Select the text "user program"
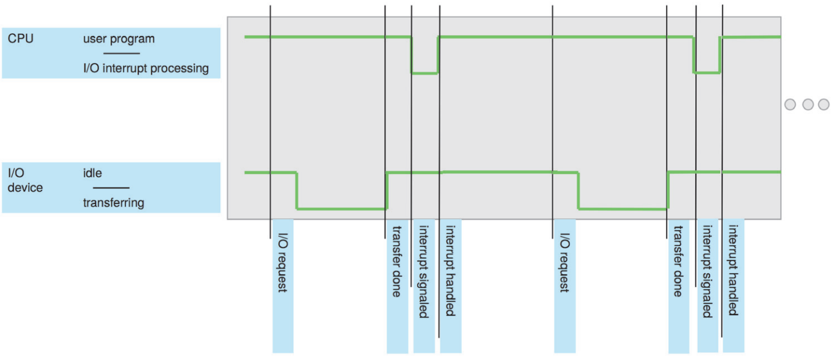[119, 39]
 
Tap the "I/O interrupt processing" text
[146, 68]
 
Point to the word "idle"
[93, 173]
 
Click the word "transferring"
[114, 203]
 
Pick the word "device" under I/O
[25, 188]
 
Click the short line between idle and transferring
[111, 188]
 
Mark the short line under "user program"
[126, 54]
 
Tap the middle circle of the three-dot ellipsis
[807, 104]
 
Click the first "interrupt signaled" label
[424, 271]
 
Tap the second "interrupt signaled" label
[707, 271]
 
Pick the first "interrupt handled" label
[450, 270]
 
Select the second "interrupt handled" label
[733, 270]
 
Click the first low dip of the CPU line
[425, 73]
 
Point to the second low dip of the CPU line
[706, 72]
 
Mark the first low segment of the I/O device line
[342, 208]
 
